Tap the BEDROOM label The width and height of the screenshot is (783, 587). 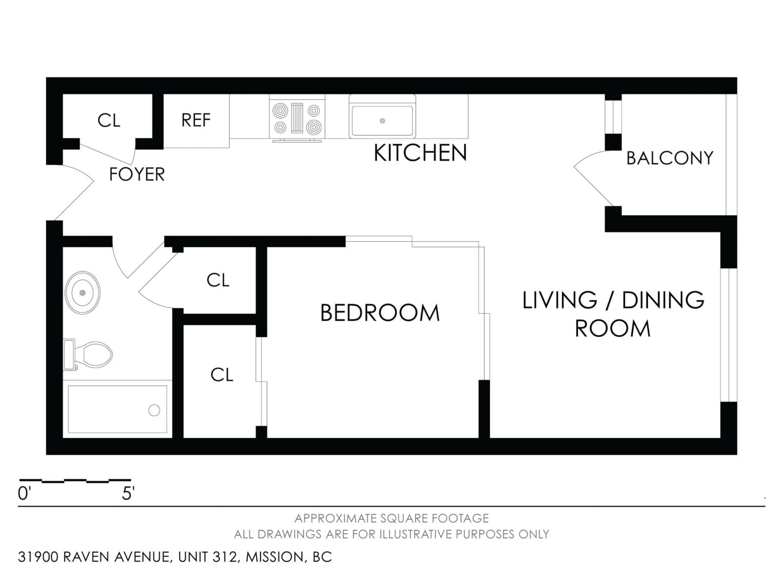pos(380,313)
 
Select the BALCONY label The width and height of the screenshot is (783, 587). pos(670,158)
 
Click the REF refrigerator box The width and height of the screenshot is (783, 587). pos(196,120)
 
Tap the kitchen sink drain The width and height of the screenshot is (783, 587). pos(382,121)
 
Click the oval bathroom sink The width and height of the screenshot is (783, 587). pos(82,293)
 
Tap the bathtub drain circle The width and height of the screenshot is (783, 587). pos(154,410)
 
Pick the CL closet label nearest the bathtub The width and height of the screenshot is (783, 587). pos(222,375)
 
